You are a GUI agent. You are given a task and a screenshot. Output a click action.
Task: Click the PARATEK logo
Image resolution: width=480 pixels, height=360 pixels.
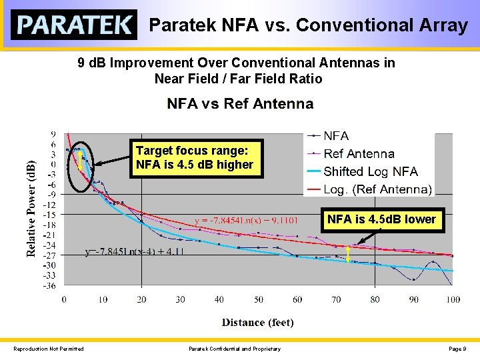pyautogui.click(x=74, y=25)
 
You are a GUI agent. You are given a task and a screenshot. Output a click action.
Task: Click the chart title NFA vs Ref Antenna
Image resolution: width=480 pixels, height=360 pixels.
pyautogui.click(x=240, y=103)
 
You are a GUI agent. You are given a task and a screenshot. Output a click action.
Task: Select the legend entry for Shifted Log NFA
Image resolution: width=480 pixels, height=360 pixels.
pyautogui.click(x=370, y=171)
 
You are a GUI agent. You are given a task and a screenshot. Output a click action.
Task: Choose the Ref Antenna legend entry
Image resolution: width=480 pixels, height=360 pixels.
pyautogui.click(x=358, y=153)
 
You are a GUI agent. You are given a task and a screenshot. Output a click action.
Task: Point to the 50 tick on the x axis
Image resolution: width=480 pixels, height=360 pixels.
pyautogui.click(x=258, y=300)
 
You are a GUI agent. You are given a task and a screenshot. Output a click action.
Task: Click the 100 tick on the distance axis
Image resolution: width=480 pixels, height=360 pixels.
pyautogui.click(x=453, y=300)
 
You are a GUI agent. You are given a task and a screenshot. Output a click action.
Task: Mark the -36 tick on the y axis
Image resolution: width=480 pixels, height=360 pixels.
pyautogui.click(x=49, y=286)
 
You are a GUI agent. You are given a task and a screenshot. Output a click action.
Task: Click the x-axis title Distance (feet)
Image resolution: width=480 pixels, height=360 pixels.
pyautogui.click(x=257, y=323)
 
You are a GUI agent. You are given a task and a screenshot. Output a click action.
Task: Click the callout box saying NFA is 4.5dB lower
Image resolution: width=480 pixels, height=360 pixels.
pyautogui.click(x=381, y=219)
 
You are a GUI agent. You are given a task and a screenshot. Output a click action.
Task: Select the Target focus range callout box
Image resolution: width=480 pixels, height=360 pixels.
pyautogui.click(x=195, y=158)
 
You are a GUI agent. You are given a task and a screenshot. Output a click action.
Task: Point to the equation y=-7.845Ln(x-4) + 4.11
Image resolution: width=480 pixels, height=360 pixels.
pyautogui.click(x=135, y=252)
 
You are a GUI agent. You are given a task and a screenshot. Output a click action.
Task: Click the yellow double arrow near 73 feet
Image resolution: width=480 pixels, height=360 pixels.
pyautogui.click(x=349, y=254)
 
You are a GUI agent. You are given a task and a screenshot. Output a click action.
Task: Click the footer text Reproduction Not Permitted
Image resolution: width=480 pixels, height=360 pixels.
pyautogui.click(x=49, y=349)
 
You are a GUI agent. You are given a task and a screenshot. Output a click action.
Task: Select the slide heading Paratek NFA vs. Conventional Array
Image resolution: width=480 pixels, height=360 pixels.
pyautogui.click(x=308, y=25)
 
